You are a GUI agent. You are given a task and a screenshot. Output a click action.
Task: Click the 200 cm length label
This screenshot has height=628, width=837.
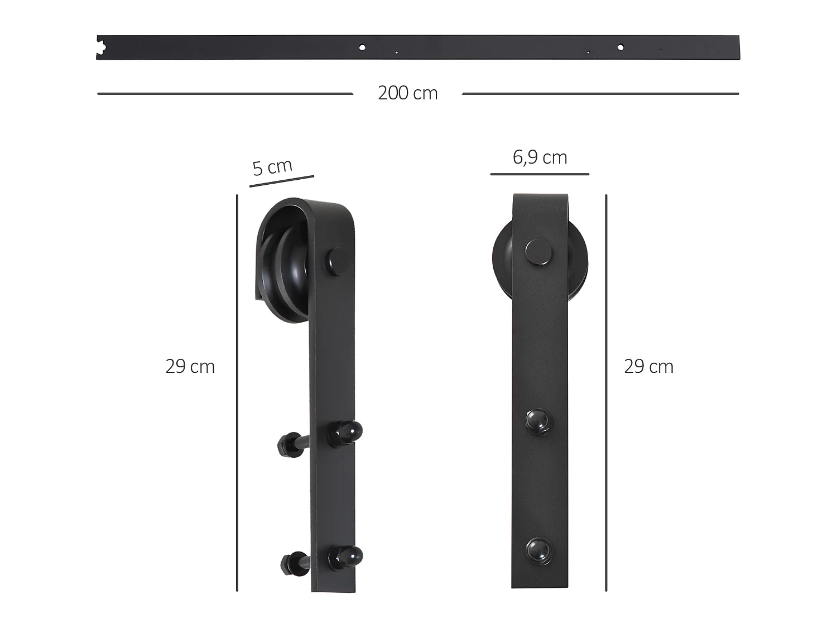click(x=407, y=93)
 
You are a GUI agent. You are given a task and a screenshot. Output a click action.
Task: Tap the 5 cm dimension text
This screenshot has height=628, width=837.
click(x=272, y=166)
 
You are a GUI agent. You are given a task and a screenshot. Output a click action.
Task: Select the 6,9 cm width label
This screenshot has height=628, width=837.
click(x=540, y=157)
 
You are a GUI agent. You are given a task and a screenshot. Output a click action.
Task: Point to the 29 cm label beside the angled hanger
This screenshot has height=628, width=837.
click(x=190, y=366)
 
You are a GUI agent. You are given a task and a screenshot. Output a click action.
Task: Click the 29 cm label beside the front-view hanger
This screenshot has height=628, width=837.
click(x=648, y=366)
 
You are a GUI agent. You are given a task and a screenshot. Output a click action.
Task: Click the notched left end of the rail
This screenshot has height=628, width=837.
click(x=100, y=47)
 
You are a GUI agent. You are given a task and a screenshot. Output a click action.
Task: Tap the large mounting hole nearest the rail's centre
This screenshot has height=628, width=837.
click(x=362, y=47)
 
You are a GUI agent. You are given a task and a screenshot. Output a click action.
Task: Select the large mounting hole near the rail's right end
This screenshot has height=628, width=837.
click(x=620, y=47)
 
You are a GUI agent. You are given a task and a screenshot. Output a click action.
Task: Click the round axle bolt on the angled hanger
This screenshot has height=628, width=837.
click(x=338, y=260)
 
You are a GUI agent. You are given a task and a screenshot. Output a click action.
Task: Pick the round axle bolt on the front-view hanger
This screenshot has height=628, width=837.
click(x=539, y=252)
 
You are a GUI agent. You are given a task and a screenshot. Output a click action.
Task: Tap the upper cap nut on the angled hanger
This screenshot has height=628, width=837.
click(x=345, y=433)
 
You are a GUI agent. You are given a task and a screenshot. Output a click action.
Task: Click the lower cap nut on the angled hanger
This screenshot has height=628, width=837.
click(x=345, y=557)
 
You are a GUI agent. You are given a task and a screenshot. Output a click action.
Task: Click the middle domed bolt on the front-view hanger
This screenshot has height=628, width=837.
click(x=538, y=420)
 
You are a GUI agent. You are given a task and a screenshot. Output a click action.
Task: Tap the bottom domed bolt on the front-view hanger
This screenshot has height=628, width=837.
click(x=538, y=550)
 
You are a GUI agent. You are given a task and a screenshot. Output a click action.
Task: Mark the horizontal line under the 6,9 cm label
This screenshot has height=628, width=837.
click(x=540, y=174)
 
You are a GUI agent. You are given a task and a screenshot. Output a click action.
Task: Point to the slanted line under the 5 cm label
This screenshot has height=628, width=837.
click(x=281, y=181)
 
